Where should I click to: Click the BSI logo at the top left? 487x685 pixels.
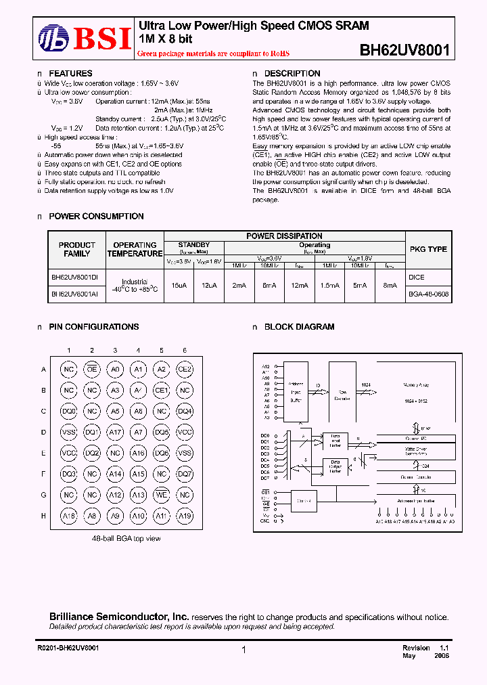tap(84, 38)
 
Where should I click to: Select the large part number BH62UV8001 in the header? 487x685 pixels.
tap(404, 49)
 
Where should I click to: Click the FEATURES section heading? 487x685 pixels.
tap(70, 73)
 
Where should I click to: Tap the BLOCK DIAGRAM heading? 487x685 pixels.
tap(299, 326)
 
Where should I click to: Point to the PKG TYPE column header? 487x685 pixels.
tap(428, 249)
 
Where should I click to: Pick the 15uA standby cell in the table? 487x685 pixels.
tap(179, 286)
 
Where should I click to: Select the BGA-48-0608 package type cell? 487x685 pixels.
tap(428, 294)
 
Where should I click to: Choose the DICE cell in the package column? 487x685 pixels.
tap(417, 278)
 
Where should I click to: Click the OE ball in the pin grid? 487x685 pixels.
tap(92, 369)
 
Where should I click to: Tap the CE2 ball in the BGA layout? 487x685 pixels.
tap(184, 369)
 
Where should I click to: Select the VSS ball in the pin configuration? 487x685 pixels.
tap(69, 433)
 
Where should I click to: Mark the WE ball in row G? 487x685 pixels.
tap(161, 495)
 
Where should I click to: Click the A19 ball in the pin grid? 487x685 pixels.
tap(184, 516)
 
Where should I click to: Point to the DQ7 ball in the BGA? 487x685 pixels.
tap(184, 474)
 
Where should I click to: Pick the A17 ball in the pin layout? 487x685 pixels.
tap(115, 433)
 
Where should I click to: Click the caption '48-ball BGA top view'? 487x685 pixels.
tap(126, 538)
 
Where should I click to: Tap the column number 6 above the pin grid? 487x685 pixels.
tap(184, 350)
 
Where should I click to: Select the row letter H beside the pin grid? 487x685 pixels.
tap(43, 516)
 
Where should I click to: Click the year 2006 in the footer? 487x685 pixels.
tap(440, 656)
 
